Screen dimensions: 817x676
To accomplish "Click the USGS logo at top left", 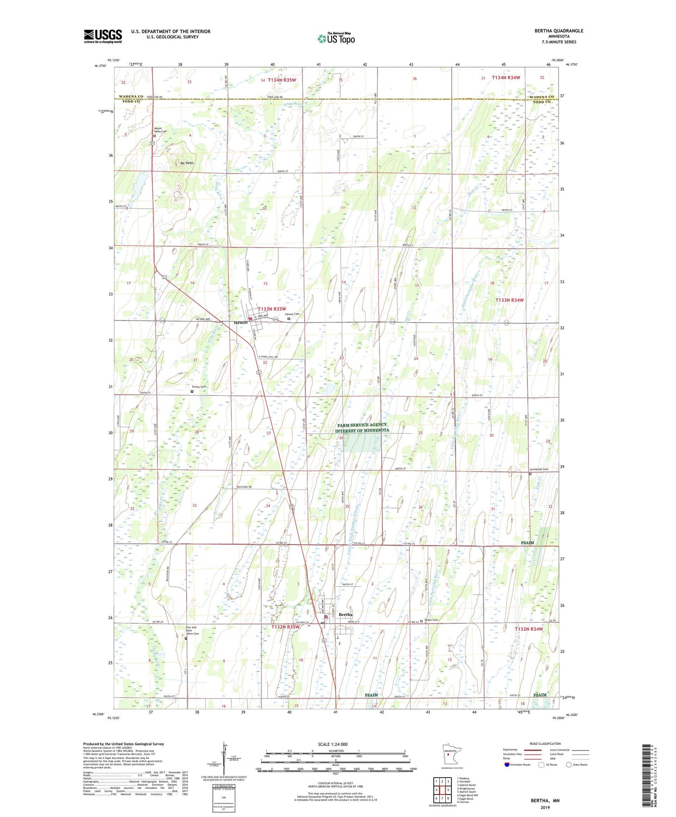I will coord(102,36).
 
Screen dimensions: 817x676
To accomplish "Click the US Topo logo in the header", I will coord(336,39).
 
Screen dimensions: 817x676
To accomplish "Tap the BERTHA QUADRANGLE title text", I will coord(559,31).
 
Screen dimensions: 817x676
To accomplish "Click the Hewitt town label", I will coord(240,322).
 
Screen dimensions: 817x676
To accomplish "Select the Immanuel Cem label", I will coord(538,469).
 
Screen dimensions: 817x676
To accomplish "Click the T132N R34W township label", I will coord(529,629).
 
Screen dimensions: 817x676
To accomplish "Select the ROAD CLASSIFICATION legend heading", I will coord(545,744).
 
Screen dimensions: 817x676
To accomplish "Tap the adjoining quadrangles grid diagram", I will coord(442,790).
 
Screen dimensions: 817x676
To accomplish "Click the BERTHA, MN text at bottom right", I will coord(545,801).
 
